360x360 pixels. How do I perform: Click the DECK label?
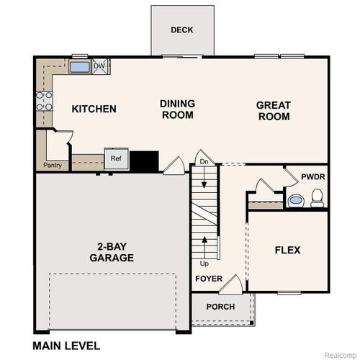181,30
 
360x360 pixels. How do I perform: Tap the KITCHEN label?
94,109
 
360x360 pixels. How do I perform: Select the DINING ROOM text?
177,109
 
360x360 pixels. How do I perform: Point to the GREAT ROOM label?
274,110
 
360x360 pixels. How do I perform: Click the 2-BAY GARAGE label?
111,251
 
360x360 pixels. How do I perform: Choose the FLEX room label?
287,251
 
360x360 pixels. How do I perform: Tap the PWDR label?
312,176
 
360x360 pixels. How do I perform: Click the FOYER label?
208,279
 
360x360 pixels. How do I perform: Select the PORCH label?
220,305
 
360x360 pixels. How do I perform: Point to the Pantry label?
52,166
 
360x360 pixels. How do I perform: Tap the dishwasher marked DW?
99,66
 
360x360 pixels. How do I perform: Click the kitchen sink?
79,67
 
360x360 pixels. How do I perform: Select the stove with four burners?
44,101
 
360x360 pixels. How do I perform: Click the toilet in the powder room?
318,197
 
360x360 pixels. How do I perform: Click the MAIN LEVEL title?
66,346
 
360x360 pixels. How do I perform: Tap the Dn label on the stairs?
204,161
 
